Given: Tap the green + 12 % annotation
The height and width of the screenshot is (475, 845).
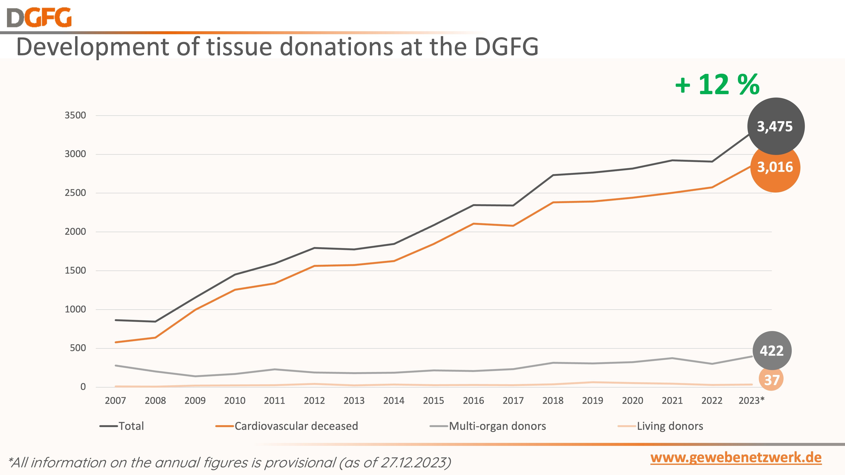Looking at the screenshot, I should click(717, 85).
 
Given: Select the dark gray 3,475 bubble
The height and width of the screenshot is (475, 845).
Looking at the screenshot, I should click(775, 126).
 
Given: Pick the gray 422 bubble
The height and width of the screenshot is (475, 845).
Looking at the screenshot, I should click(772, 351).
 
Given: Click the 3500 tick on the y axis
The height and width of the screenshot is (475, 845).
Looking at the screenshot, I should click(75, 115).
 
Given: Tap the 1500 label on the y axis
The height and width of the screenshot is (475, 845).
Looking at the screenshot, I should click(75, 270).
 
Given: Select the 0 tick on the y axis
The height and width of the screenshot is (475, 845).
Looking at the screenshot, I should click(83, 387).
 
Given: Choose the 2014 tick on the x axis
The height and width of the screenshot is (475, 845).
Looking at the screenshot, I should click(394, 401).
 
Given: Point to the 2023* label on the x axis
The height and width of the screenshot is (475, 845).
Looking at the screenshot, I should click(751, 401).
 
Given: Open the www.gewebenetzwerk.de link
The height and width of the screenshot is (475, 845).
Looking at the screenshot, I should click(736, 458).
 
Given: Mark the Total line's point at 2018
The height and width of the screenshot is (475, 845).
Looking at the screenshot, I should click(553, 175).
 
